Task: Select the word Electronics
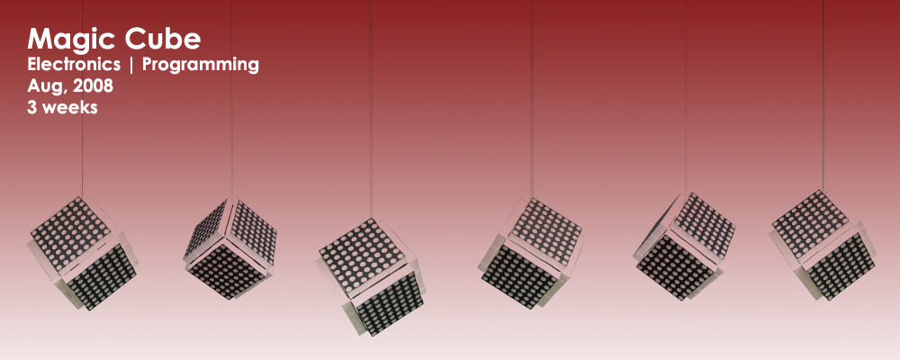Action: tap(74, 64)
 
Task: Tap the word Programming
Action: tap(201, 66)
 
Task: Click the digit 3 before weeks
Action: tap(31, 107)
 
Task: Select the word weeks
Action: tap(69, 107)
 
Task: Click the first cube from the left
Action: tap(83, 253)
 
